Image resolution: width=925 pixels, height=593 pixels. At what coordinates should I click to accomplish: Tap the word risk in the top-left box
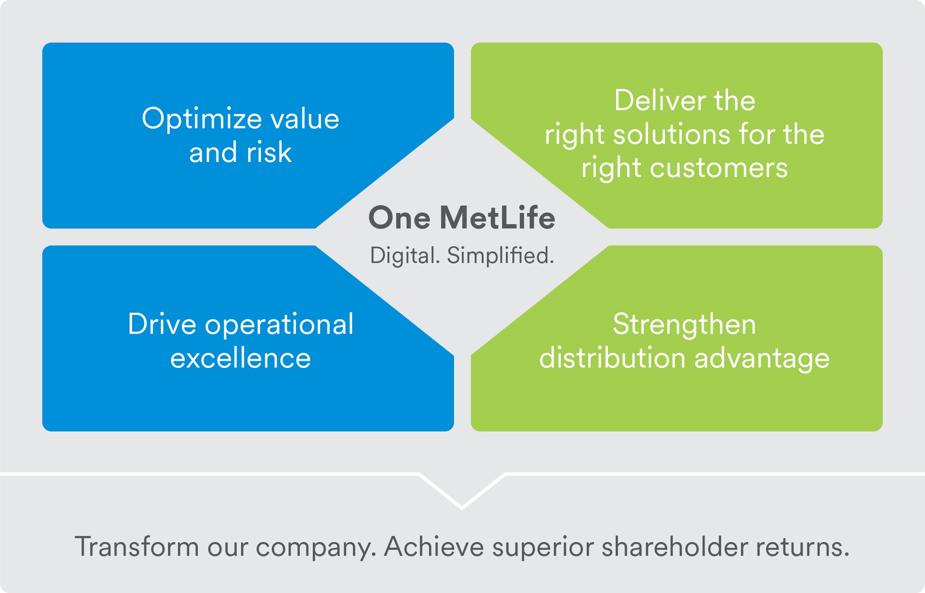click(269, 153)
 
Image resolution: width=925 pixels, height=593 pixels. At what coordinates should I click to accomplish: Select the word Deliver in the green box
click(659, 101)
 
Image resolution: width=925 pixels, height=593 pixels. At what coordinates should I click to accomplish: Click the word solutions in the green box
click(671, 134)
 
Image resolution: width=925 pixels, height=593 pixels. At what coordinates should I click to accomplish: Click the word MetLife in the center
click(497, 218)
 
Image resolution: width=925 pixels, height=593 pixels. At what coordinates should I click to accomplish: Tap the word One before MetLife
click(399, 218)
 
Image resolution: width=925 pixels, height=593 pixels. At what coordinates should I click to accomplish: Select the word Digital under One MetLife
click(404, 256)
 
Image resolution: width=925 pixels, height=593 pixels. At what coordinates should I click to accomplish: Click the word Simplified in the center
click(500, 256)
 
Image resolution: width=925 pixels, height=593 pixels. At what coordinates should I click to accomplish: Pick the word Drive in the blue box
click(162, 325)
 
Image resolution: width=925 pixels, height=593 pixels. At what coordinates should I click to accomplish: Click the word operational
click(279, 325)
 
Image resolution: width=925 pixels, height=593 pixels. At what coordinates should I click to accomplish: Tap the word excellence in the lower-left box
click(240, 358)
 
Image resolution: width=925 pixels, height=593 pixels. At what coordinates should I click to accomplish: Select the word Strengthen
click(684, 325)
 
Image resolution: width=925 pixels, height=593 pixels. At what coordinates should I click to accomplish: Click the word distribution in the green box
click(612, 358)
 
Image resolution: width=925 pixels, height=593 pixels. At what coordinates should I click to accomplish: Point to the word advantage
click(762, 358)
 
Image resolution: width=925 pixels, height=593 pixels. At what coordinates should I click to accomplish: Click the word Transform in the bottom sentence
click(137, 547)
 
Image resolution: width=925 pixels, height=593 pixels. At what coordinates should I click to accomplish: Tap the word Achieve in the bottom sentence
click(433, 547)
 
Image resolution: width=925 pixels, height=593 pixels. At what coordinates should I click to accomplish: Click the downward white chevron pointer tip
click(462, 507)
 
